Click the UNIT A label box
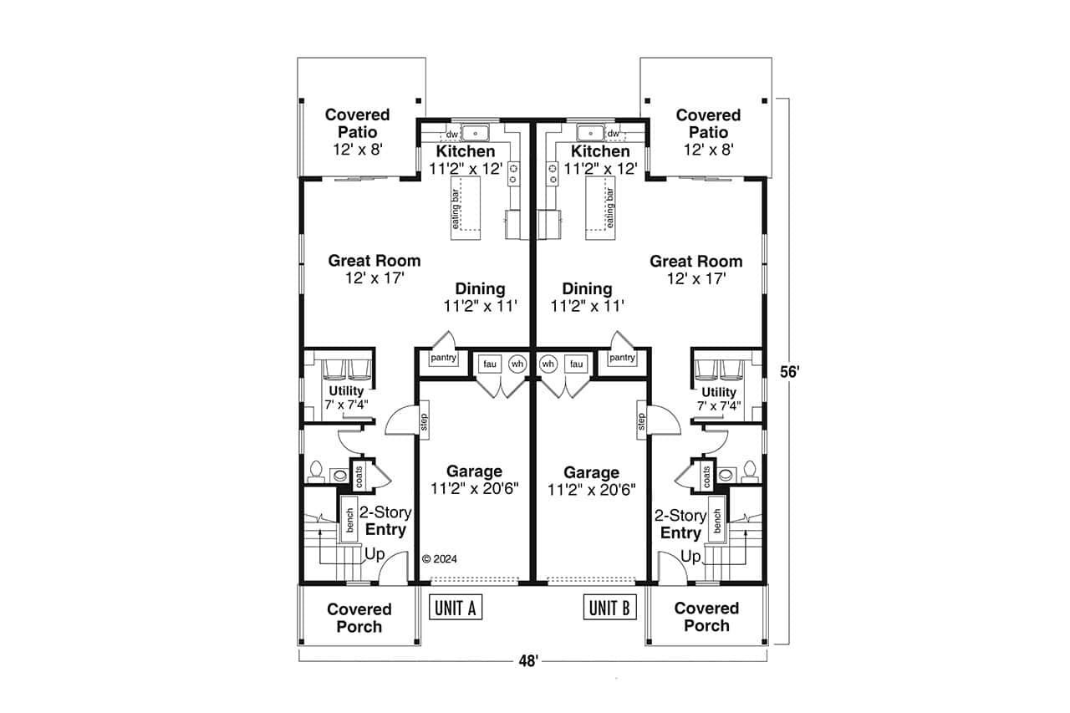click(x=456, y=608)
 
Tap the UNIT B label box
click(x=609, y=608)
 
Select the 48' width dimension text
click(x=526, y=661)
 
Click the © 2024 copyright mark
click(x=440, y=559)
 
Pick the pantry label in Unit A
click(x=443, y=359)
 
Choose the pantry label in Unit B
click(x=622, y=358)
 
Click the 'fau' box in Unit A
click(x=488, y=364)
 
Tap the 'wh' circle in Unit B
click(x=548, y=364)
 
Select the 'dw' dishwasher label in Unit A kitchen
click(x=451, y=134)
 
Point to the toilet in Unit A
click(x=316, y=472)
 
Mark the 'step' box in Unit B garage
click(x=641, y=421)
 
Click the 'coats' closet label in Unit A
click(x=359, y=476)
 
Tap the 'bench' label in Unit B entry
click(x=716, y=520)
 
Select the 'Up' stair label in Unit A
click(x=374, y=553)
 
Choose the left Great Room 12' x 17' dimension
click(x=374, y=278)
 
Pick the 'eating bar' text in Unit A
click(x=456, y=209)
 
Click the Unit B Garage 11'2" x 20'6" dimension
click(x=592, y=490)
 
